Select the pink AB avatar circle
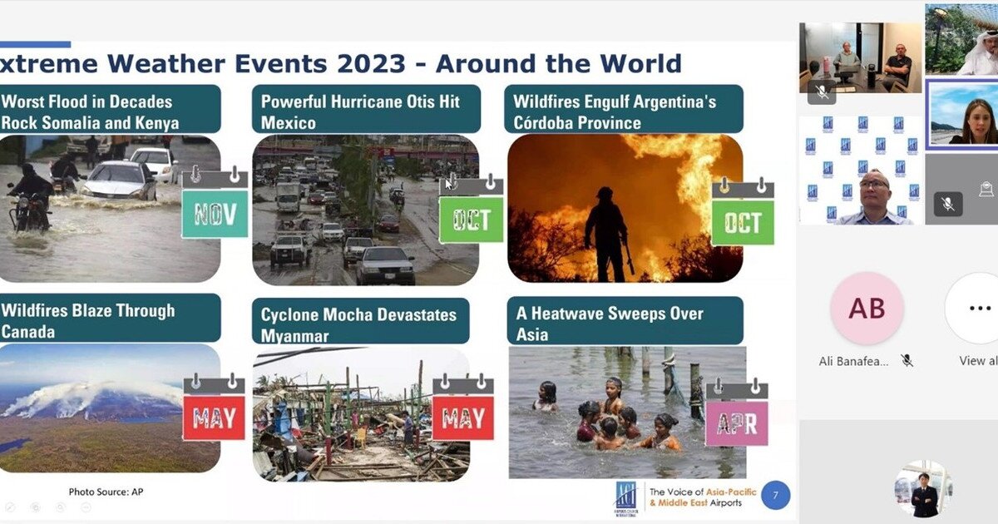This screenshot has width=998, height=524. click(867, 308)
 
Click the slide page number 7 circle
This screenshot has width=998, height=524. click(775, 496)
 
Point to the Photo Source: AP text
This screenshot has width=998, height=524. click(106, 492)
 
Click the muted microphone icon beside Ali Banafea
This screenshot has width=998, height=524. click(907, 360)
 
